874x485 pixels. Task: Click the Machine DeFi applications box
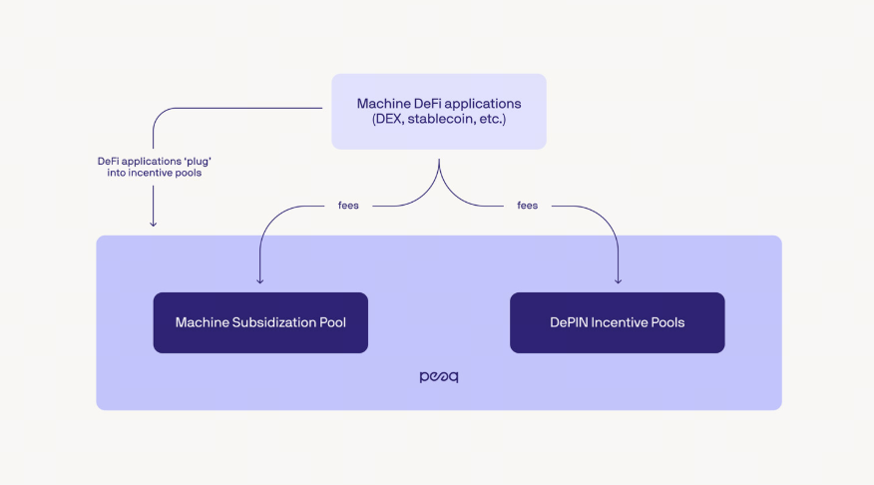pos(439,111)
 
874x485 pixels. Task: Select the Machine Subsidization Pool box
pos(260,322)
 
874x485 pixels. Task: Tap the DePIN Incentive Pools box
pos(617,322)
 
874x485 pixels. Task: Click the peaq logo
pos(439,377)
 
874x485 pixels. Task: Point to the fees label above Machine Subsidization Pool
pos(348,206)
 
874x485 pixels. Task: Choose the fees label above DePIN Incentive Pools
pos(528,206)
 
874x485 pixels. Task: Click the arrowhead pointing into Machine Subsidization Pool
pos(260,280)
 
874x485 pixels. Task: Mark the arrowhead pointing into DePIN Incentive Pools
pos(618,280)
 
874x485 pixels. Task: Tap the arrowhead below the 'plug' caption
pos(153,223)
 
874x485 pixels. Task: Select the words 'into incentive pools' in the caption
pos(153,174)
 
